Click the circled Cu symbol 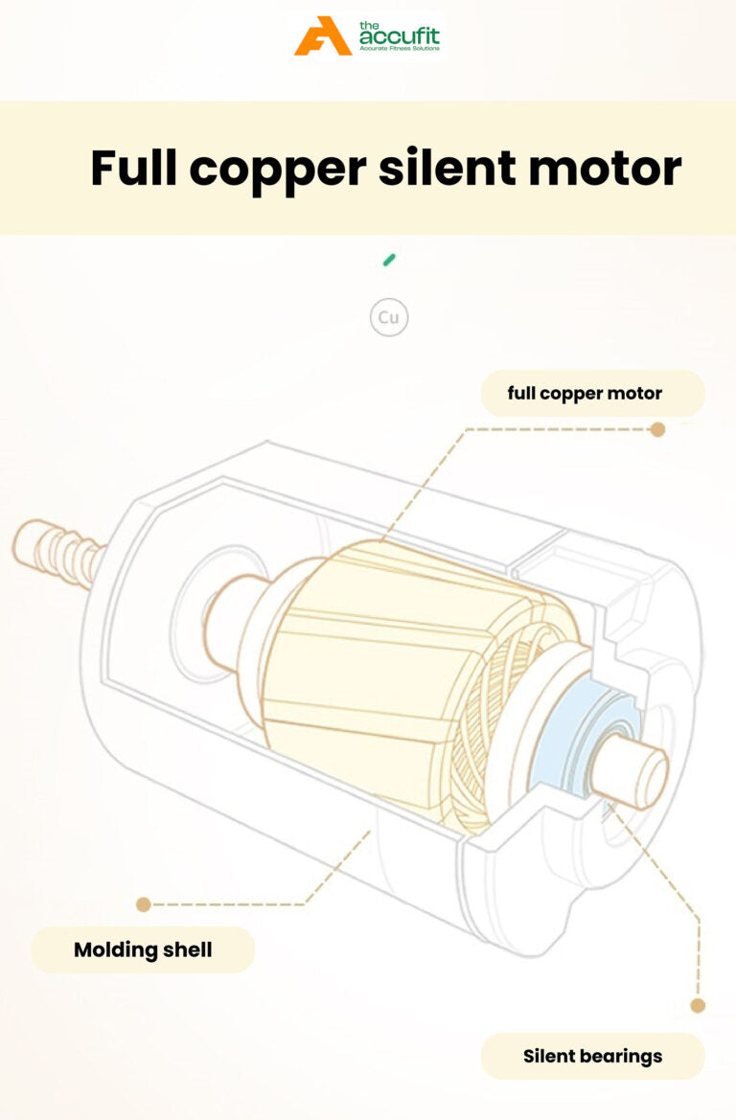tap(389, 318)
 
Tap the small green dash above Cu tap(389, 260)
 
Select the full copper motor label tap(585, 393)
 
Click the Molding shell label tap(143, 950)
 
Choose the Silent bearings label tap(592, 1057)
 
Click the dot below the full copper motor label tap(657, 429)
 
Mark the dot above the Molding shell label tap(144, 903)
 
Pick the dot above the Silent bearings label tap(698, 1005)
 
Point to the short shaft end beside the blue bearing tap(632, 773)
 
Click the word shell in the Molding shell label tap(187, 950)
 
